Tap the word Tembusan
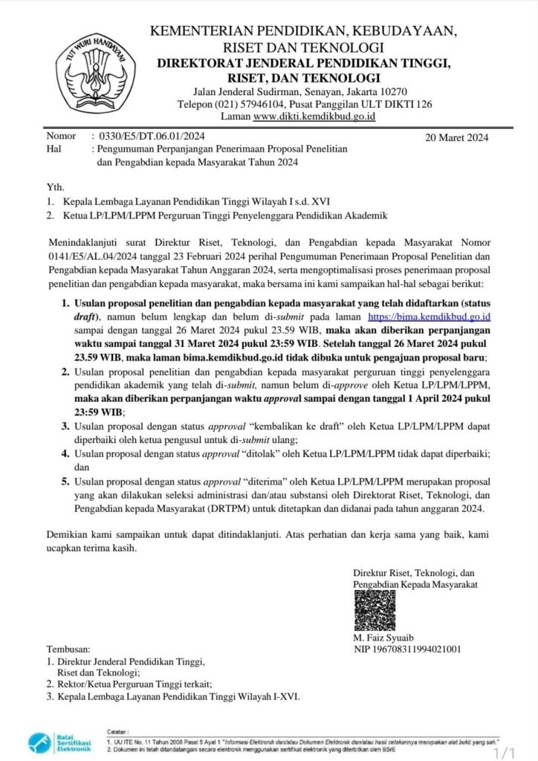pos(69,649)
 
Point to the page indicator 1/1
pos(509,752)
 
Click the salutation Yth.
pos(54,187)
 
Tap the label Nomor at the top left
pos(61,136)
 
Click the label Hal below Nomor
pos(54,149)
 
